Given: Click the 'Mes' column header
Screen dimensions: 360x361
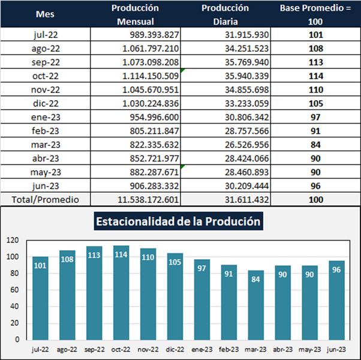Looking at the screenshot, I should [45, 14].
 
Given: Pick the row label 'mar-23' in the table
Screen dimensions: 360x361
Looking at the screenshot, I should [46, 145].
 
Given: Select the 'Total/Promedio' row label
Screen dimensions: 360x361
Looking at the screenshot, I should [46, 199].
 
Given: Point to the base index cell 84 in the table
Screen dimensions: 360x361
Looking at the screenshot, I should [315, 145].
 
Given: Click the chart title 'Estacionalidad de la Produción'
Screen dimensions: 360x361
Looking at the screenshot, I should [178, 221].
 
